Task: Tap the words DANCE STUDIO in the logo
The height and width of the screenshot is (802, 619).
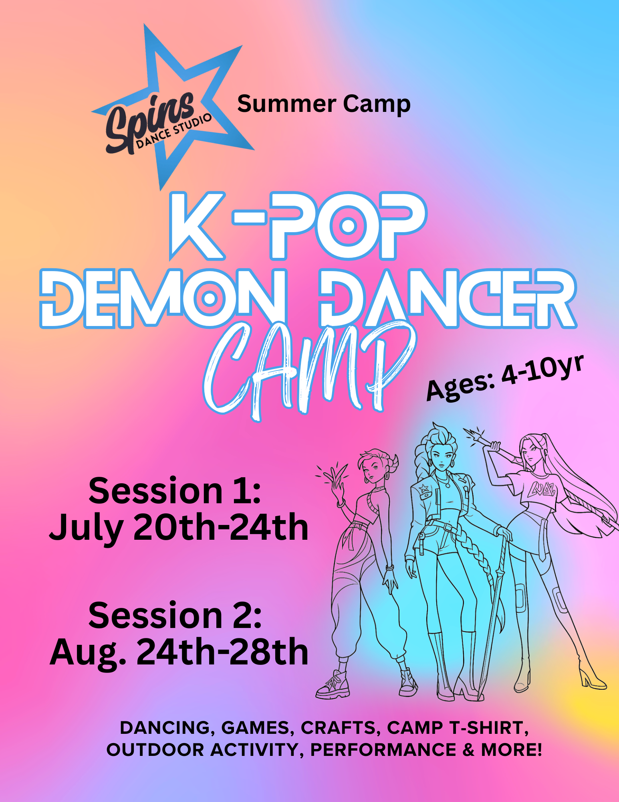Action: tap(174, 132)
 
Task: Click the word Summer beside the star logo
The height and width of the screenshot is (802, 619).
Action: tap(286, 104)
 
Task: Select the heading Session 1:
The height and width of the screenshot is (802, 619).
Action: tap(175, 491)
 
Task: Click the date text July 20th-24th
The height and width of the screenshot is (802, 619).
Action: tap(179, 527)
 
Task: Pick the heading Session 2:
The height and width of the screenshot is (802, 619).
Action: tap(175, 616)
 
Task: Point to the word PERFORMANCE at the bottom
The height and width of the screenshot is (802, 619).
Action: tap(383, 750)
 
